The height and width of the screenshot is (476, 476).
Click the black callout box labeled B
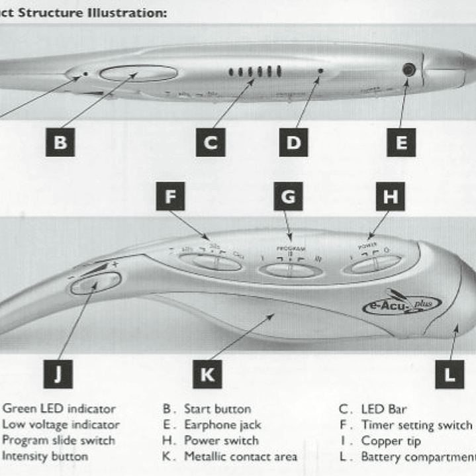pyautogui.click(x=60, y=142)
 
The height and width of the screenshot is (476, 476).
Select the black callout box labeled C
pyautogui.click(x=210, y=142)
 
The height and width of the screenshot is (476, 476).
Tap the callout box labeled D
pyautogui.click(x=293, y=142)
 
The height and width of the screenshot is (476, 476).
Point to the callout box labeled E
pyautogui.click(x=401, y=142)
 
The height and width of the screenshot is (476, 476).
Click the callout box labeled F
pyautogui.click(x=171, y=197)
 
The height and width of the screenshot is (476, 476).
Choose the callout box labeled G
pyautogui.click(x=288, y=197)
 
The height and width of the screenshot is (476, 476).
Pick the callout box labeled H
pyautogui.click(x=390, y=197)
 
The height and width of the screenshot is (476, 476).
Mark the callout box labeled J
pyautogui.click(x=58, y=375)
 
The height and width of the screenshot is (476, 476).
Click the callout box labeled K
pyautogui.click(x=207, y=375)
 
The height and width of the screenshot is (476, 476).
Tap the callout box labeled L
pyautogui.click(x=450, y=375)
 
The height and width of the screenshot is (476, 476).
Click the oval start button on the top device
pyautogui.click(x=138, y=73)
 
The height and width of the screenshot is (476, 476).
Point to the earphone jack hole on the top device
pyautogui.click(x=409, y=70)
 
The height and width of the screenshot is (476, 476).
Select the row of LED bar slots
pyautogui.click(x=255, y=71)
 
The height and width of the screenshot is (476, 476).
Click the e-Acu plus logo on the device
pyautogui.click(x=401, y=305)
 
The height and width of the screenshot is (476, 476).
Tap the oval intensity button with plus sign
pyautogui.click(x=95, y=283)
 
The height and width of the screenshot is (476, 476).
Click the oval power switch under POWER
pyautogui.click(x=375, y=264)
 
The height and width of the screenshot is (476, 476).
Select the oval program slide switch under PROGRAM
pyautogui.click(x=290, y=269)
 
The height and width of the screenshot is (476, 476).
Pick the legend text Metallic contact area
pyautogui.click(x=240, y=457)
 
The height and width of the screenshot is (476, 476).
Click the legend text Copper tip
pyautogui.click(x=391, y=441)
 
